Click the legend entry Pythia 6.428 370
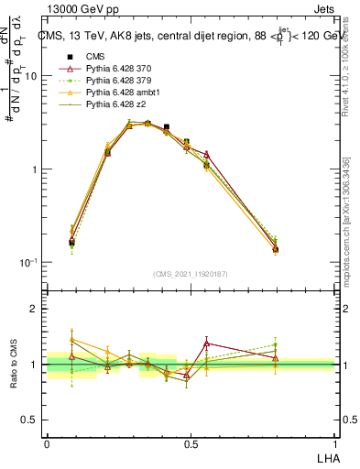coord(115,69)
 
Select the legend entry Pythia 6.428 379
coord(115,81)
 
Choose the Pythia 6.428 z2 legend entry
coord(112,105)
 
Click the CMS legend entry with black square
coord(94,56)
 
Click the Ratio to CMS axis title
coord(16,365)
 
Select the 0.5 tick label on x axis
coord(191,442)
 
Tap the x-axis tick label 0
coord(47,442)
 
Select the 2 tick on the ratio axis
coord(34,309)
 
